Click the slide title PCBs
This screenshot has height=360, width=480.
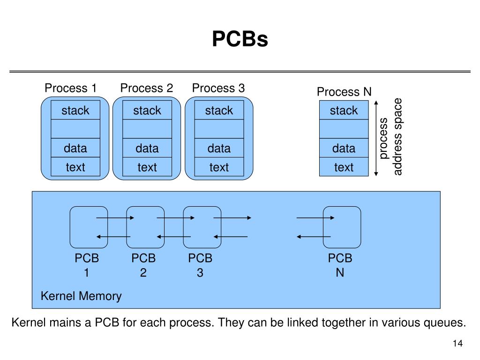(240, 39)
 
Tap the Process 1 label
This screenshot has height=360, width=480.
(71, 88)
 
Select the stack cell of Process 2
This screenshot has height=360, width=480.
(147, 110)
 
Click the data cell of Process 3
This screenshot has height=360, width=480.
(219, 148)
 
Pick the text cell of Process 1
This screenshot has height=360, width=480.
(75, 167)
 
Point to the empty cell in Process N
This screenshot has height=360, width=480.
(344, 129)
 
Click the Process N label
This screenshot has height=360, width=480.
(344, 92)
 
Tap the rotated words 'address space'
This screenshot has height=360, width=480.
(397, 136)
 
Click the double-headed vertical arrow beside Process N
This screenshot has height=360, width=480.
(376, 138)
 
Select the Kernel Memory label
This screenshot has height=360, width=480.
(81, 296)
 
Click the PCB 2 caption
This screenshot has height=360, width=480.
(143, 265)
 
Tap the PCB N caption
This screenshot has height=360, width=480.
(340, 265)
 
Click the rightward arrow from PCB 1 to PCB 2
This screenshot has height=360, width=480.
(115, 217)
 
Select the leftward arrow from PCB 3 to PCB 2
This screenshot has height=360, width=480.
(173, 237)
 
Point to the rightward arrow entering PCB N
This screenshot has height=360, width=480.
(315, 217)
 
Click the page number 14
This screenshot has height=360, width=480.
(457, 343)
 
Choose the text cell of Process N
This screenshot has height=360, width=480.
(344, 167)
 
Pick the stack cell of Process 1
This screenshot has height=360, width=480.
(75, 110)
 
